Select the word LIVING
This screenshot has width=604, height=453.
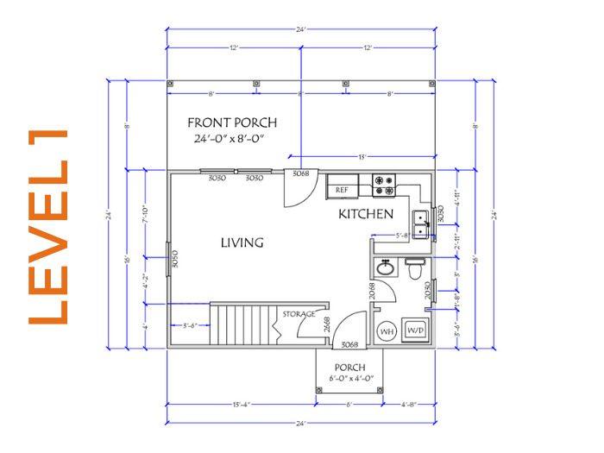[x=242, y=243]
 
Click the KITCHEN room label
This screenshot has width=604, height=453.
[x=366, y=213]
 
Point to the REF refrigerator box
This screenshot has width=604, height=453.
[x=342, y=188]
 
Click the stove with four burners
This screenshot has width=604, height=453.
[x=384, y=184]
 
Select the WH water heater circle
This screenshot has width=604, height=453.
[x=387, y=330]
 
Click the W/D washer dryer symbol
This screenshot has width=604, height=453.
[x=415, y=330]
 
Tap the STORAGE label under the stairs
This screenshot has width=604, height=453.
[x=293, y=315]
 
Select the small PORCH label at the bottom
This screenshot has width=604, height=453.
[x=349, y=367]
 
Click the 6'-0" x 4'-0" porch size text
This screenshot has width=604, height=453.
[x=349, y=379]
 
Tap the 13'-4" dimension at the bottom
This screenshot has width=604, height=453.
[x=241, y=404]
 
